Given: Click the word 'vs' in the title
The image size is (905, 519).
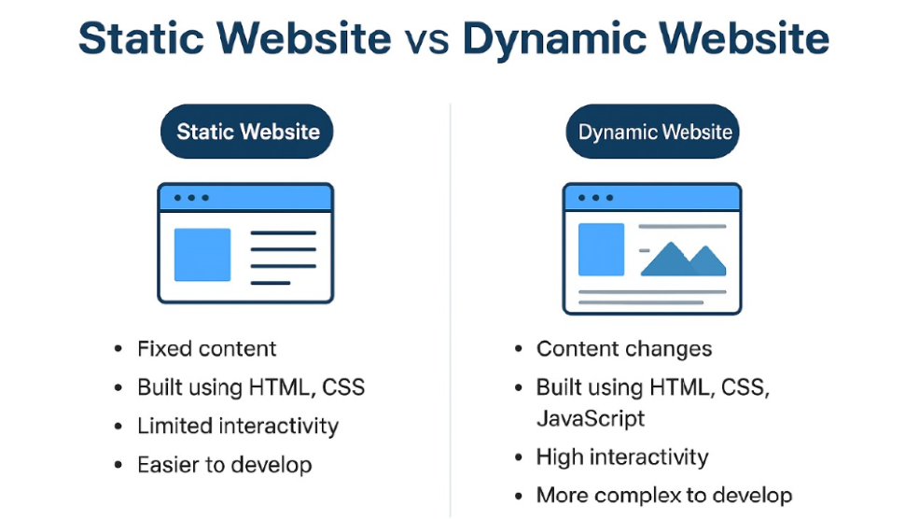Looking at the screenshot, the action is point(426,39).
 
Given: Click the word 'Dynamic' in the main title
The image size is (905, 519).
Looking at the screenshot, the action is point(554,39).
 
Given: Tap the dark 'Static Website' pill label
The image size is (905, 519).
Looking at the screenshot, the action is point(247,132).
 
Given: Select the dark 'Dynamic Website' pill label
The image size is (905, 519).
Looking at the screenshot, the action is point(652,132).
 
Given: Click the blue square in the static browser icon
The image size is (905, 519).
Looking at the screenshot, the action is point(202,255).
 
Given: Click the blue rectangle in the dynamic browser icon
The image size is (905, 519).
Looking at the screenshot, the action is point(601,249).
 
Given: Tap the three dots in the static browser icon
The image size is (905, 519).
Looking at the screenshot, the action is point(191,198).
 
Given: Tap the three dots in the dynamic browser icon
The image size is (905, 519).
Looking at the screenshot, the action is point(595,198).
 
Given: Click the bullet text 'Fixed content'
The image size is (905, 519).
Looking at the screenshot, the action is point(206,349).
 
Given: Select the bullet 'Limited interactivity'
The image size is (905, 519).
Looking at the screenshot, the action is point(238,426).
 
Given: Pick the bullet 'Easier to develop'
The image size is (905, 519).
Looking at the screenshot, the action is point(225,465).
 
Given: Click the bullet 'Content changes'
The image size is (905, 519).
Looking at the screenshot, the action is point(624,349).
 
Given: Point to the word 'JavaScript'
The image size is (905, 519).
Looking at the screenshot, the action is point(591,418).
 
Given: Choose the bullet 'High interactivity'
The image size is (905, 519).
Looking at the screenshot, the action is point(622,457).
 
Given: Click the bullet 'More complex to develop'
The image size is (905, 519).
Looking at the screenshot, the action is point(664,496).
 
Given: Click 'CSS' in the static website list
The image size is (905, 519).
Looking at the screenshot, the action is point(343,387).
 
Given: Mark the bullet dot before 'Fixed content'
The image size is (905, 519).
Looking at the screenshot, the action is point(118,349).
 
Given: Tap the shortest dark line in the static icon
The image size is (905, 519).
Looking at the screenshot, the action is point(271,283).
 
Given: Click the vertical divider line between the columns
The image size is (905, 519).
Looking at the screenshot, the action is point(451,311).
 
